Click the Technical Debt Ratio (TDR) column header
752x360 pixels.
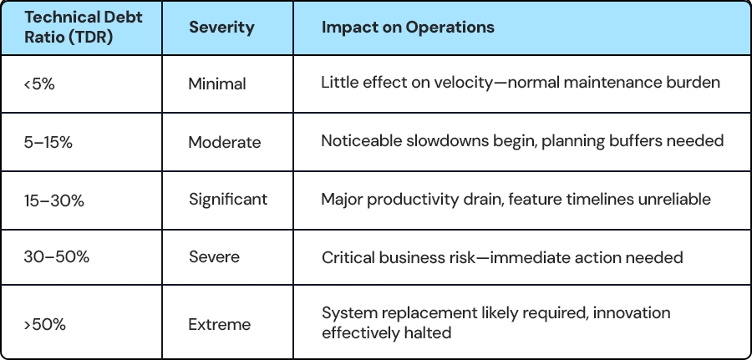click(84, 28)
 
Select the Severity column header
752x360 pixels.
click(221, 27)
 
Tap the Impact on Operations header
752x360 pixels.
click(408, 27)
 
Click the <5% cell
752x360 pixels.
click(39, 84)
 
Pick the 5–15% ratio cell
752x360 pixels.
click(48, 142)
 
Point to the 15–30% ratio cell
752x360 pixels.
click(53, 200)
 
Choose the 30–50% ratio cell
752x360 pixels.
click(57, 257)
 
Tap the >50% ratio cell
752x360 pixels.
click(44, 325)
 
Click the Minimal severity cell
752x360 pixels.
click(217, 84)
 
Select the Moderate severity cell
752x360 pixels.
click(225, 142)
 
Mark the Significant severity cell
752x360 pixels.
click(228, 200)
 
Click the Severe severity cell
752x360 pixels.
click(214, 257)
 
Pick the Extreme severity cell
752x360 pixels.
click(219, 325)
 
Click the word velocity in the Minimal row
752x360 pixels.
click(463, 83)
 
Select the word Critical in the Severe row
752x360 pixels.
click(348, 257)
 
